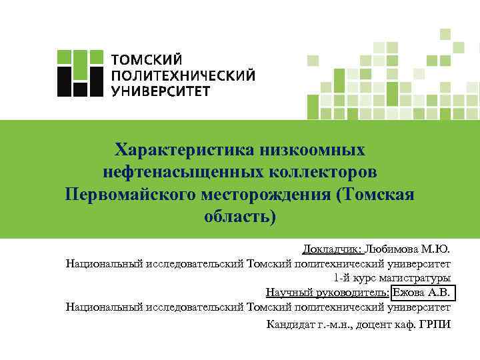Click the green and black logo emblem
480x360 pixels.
tap(79, 74)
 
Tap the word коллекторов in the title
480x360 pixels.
tap(324, 171)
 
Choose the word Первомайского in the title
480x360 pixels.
tap(129, 194)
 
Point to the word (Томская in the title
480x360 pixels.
tap(376, 194)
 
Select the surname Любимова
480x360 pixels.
tap(393, 249)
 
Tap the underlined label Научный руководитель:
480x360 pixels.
tap(327, 293)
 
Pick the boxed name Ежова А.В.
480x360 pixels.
tap(423, 293)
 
